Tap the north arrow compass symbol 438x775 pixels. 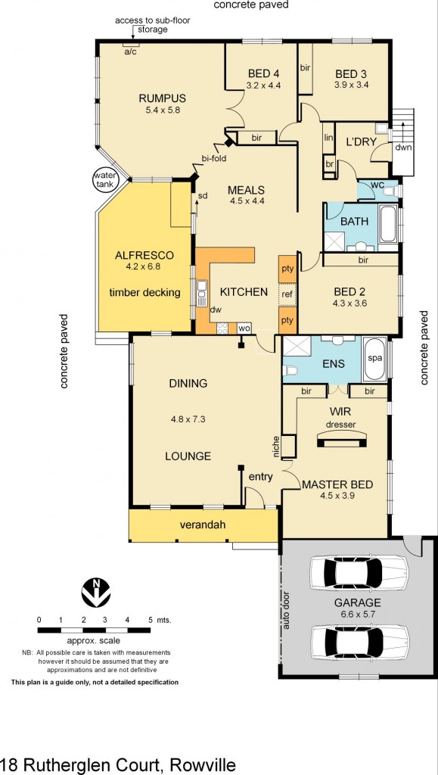click(x=93, y=593)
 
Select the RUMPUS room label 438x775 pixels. click(x=162, y=98)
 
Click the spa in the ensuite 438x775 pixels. click(x=374, y=359)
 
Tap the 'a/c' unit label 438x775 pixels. click(x=130, y=51)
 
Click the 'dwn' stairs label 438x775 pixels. click(x=402, y=147)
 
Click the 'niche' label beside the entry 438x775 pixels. click(x=276, y=446)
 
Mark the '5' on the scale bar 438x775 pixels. click(x=150, y=619)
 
